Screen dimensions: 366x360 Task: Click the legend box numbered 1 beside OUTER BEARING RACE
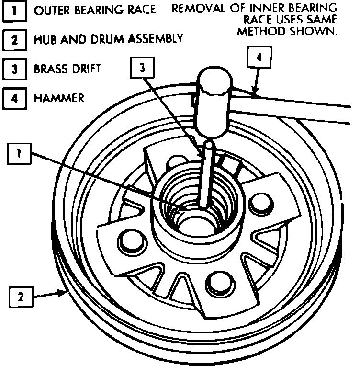coord(14,11)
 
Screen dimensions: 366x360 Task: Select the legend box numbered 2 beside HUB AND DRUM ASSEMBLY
coord(14,40)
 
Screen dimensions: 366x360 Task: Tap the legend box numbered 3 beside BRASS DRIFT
coord(14,69)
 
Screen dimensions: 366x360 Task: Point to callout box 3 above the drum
coord(142,69)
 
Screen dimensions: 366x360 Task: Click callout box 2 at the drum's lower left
coord(21,297)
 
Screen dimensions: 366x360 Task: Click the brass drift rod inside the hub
coord(206,177)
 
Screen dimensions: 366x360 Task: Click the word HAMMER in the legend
coord(59,98)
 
